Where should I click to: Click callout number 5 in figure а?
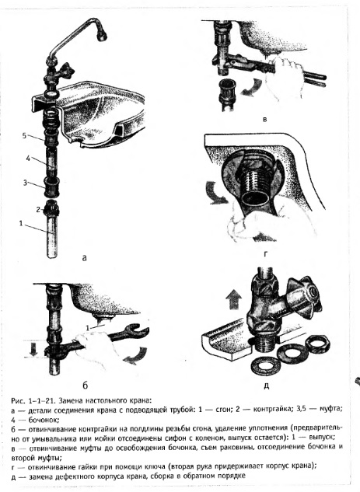(x=25, y=135)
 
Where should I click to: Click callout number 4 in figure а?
(x=29, y=159)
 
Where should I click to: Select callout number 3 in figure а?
(x=25, y=182)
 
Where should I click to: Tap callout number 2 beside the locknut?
(x=38, y=209)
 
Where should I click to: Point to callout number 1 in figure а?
(x=21, y=223)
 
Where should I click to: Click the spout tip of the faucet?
(x=103, y=37)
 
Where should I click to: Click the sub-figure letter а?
(x=84, y=258)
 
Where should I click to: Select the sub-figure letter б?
(x=85, y=385)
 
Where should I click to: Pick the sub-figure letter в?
(x=265, y=119)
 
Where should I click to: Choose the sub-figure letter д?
(x=266, y=386)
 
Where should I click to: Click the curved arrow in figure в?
(x=253, y=87)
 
